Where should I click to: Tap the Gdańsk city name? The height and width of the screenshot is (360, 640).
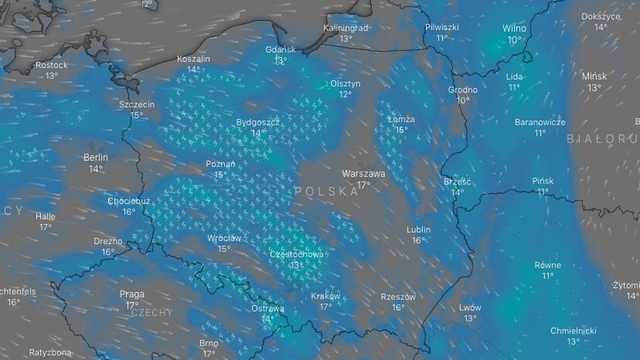click(x=280, y=49)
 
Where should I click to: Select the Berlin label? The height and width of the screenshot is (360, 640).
click(x=96, y=157)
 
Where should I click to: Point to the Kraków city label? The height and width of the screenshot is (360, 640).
click(x=325, y=296)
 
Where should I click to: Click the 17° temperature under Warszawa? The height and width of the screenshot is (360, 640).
click(x=363, y=185)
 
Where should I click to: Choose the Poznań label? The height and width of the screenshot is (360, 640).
click(x=220, y=164)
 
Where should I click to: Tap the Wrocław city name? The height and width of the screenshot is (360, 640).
click(x=223, y=238)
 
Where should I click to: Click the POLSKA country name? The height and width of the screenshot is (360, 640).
click(x=326, y=191)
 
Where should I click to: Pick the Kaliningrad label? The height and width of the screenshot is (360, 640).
click(x=346, y=28)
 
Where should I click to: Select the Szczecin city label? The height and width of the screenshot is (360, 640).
click(x=137, y=104)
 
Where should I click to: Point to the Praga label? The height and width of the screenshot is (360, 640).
click(x=132, y=294)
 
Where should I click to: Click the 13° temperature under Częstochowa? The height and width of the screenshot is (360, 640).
click(x=297, y=264)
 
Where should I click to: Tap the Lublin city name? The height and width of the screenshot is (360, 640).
click(x=418, y=229)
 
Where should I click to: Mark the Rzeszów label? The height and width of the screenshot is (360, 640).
click(x=398, y=297)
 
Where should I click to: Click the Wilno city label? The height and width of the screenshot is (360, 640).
click(x=514, y=29)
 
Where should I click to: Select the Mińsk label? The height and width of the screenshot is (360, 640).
click(x=594, y=76)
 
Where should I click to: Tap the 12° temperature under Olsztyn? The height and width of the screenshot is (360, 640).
click(x=346, y=94)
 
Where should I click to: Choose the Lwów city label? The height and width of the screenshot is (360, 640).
click(x=470, y=307)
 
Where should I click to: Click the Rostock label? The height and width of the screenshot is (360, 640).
click(x=52, y=65)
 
